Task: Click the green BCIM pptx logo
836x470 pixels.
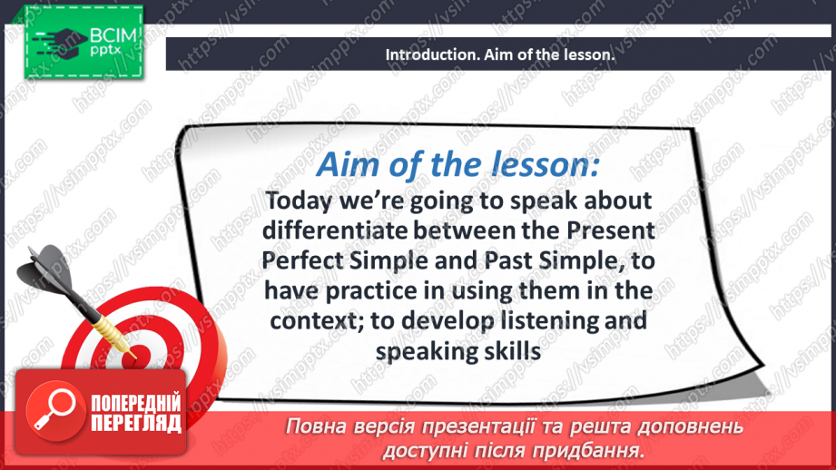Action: pyautogui.click(x=84, y=43)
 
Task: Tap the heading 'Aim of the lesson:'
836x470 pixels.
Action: pyautogui.click(x=457, y=166)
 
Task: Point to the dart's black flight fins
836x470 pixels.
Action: pyautogui.click(x=45, y=264)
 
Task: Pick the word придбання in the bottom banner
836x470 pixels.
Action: pyautogui.click(x=594, y=449)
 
